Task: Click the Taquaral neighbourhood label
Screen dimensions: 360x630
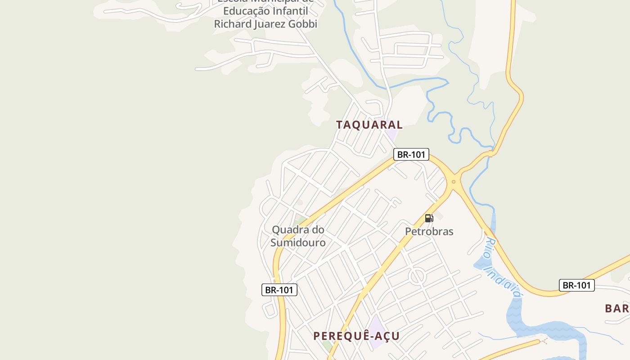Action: pyautogui.click(x=369, y=125)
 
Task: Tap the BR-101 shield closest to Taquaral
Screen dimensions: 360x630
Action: pyautogui.click(x=411, y=154)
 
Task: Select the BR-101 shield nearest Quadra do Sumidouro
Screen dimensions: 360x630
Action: pyautogui.click(x=279, y=290)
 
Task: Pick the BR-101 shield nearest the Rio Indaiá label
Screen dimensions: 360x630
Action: pyautogui.click(x=576, y=285)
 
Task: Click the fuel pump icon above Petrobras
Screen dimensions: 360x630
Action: pyautogui.click(x=429, y=218)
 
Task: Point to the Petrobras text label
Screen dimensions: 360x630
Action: pyautogui.click(x=429, y=231)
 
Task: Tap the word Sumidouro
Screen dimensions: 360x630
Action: pyautogui.click(x=298, y=243)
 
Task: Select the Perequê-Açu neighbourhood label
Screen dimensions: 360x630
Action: pyautogui.click(x=356, y=336)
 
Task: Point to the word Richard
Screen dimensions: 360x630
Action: pyautogui.click(x=233, y=24)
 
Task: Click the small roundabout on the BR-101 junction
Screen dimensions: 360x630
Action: pyautogui.click(x=454, y=182)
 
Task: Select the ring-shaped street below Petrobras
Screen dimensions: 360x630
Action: pyautogui.click(x=417, y=276)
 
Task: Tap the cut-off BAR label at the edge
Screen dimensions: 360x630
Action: pyautogui.click(x=617, y=308)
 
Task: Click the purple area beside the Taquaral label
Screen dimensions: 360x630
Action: pyautogui.click(x=391, y=135)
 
